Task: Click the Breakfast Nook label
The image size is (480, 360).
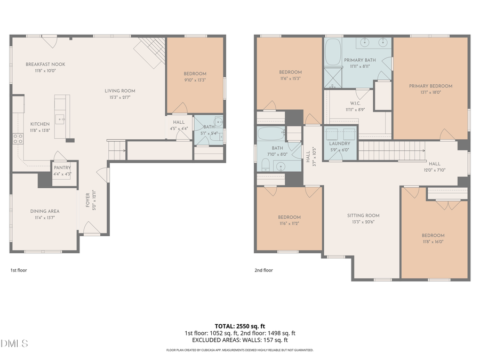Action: (x=45, y=64)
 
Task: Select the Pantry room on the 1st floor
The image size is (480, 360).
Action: (x=62, y=170)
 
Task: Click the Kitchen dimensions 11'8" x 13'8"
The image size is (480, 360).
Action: (x=39, y=130)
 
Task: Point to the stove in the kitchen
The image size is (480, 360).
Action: (x=18, y=139)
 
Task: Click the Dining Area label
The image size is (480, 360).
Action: (x=44, y=211)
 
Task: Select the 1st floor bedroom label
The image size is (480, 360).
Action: (x=195, y=74)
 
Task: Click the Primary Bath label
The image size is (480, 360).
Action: (x=357, y=60)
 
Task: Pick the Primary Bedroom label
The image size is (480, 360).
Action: (x=430, y=86)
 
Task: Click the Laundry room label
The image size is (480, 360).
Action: (x=339, y=143)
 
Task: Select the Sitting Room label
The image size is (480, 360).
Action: (x=363, y=215)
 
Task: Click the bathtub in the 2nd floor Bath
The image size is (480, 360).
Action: (x=271, y=133)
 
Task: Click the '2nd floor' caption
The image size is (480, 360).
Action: (x=263, y=270)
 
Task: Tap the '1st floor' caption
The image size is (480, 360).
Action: (x=19, y=270)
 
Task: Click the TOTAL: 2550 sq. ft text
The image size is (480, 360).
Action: (x=239, y=325)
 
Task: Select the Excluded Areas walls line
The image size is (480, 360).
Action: (x=239, y=340)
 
